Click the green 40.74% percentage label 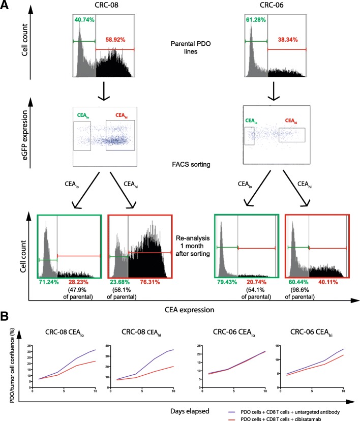click(84, 20)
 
